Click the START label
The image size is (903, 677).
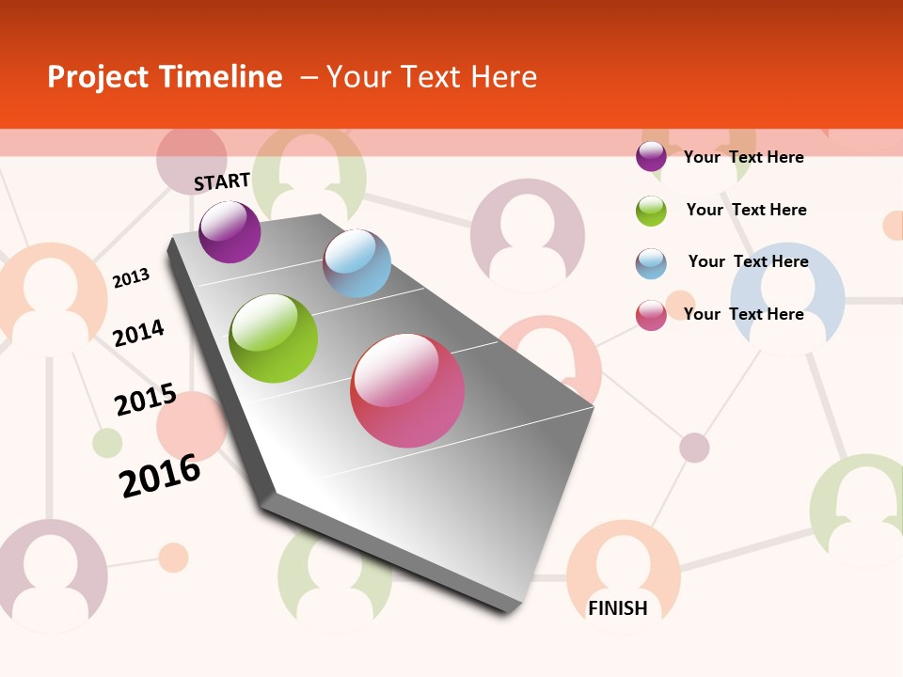pos(222,181)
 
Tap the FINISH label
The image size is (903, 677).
pos(618,608)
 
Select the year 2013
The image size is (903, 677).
pos(131,277)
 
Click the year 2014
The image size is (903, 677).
pos(138,333)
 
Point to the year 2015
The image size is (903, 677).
pos(146,400)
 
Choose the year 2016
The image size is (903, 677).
pos(160,476)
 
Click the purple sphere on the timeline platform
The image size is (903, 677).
pos(230,231)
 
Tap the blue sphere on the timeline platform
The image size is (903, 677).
pos(356,263)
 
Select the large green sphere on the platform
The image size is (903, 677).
pos(274,338)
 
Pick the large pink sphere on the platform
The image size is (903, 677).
pos(407,390)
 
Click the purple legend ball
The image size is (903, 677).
pos(651,157)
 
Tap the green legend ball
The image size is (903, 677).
pos(651,211)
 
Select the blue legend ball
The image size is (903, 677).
pos(651,263)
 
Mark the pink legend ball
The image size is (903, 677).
pos(651,315)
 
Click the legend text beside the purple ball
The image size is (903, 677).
pos(743,157)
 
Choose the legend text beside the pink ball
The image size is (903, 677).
pos(743,314)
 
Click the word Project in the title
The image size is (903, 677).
pos(98,77)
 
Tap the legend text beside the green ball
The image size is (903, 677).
pos(746,210)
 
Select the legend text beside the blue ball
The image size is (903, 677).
pos(748,261)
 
